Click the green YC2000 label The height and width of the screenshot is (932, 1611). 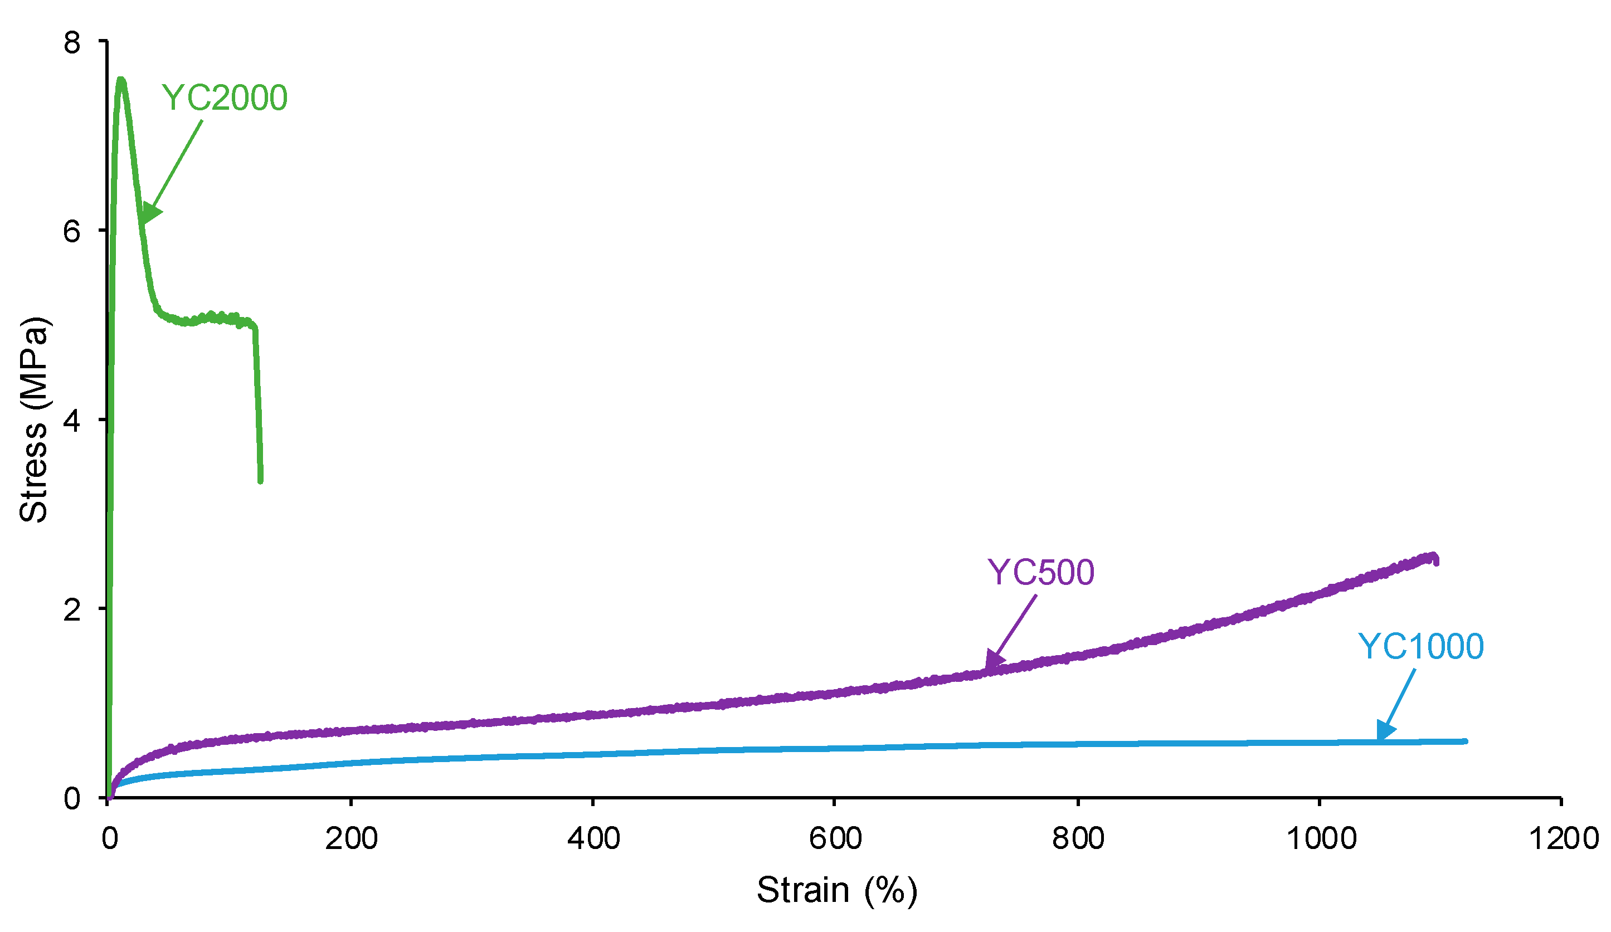pyautogui.click(x=225, y=99)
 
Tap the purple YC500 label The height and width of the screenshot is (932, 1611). pyautogui.click(x=1041, y=573)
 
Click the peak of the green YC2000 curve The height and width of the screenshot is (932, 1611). pyautogui.click(x=120, y=81)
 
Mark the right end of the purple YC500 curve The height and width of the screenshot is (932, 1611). pyautogui.click(x=1436, y=560)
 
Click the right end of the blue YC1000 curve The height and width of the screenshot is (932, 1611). pyautogui.click(x=1465, y=741)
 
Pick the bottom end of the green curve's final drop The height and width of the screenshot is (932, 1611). pyautogui.click(x=260, y=481)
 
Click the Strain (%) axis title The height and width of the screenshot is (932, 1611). pyautogui.click(x=837, y=890)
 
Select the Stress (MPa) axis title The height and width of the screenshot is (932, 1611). pyautogui.click(x=33, y=420)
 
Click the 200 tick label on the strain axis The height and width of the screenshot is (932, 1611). pyautogui.click(x=351, y=838)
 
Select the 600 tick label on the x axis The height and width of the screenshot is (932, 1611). pyautogui.click(x=835, y=838)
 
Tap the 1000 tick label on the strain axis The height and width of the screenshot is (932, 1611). pyautogui.click(x=1321, y=838)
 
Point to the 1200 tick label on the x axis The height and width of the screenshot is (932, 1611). pyautogui.click(x=1563, y=838)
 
